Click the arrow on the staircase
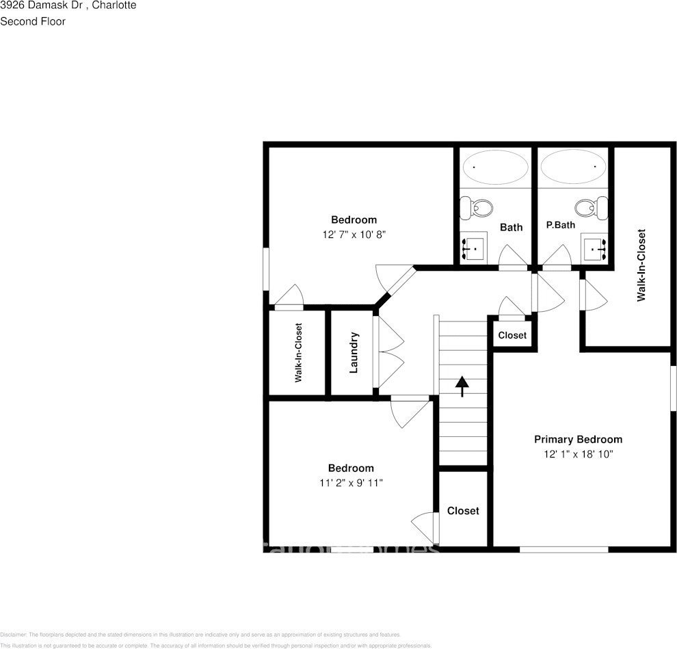click(462, 386)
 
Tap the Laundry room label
click(354, 353)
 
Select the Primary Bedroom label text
click(578, 439)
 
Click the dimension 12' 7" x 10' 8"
click(354, 234)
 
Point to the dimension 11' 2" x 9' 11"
click(351, 483)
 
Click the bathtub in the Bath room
click(495, 166)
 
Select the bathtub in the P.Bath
click(573, 166)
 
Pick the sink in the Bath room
click(473, 248)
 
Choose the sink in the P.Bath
click(594, 248)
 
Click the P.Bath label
click(560, 224)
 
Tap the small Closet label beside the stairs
click(512, 335)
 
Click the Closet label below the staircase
click(463, 511)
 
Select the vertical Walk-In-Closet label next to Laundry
click(299, 353)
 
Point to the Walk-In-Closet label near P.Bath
click(641, 265)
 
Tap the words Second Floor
click(33, 21)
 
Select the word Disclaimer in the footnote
click(13, 635)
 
